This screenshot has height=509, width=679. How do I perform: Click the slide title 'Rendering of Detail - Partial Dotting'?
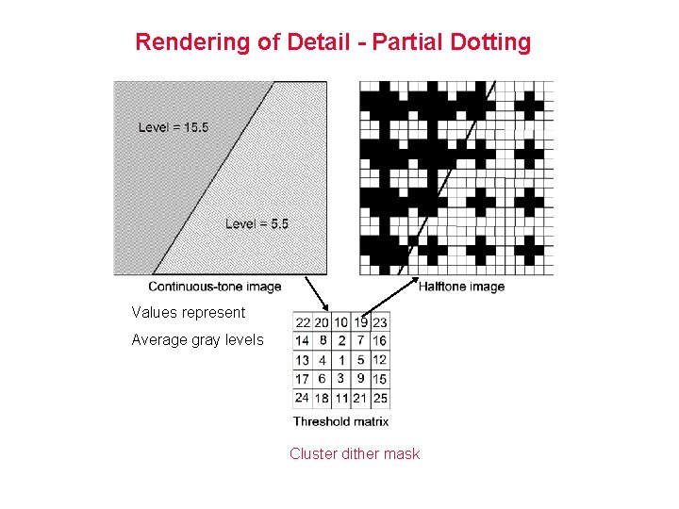[333, 42]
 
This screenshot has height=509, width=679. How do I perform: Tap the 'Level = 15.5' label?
[174, 127]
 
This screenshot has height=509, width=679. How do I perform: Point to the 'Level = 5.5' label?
[257, 223]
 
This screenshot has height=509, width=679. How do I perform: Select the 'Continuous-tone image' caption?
[215, 287]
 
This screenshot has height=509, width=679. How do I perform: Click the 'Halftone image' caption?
[461, 287]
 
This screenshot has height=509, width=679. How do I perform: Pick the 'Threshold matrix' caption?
[340, 421]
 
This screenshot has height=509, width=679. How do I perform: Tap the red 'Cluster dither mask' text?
[355, 453]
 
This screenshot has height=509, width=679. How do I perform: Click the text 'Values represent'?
[188, 312]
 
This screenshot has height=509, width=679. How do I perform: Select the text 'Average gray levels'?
[197, 339]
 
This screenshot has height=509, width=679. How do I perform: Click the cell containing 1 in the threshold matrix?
[341, 359]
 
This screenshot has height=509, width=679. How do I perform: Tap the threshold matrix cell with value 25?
[379, 398]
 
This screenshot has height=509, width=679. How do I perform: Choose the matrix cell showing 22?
[303, 322]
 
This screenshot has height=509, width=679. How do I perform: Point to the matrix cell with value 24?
[303, 398]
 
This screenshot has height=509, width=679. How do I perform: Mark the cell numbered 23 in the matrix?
[379, 322]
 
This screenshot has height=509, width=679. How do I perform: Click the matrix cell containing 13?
[303, 359]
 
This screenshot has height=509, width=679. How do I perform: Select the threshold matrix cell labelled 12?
[379, 359]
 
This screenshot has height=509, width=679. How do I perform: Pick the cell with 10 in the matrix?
[341, 322]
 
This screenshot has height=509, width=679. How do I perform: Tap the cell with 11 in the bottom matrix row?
[341, 398]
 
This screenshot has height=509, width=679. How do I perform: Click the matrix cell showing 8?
[322, 340]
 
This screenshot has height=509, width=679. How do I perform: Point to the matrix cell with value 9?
[360, 378]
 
